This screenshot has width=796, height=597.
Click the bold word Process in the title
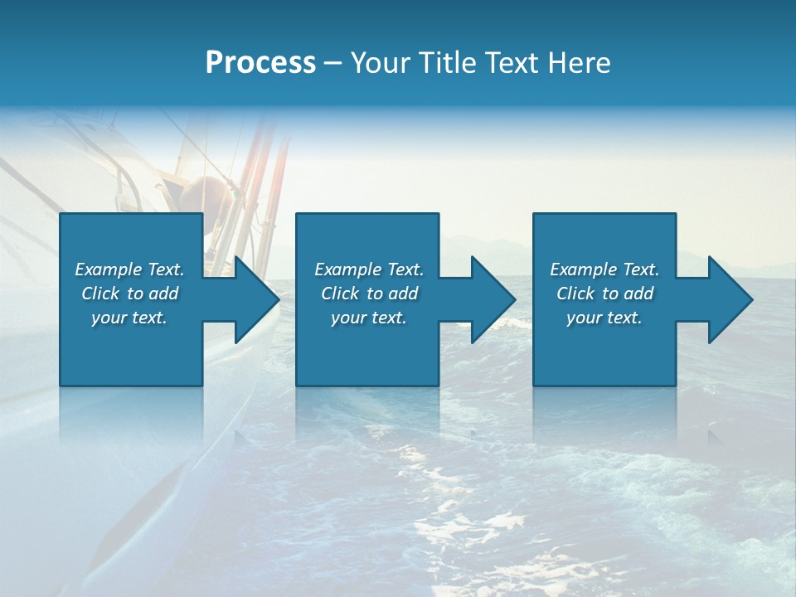(x=260, y=62)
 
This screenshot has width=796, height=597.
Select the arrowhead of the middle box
(x=492, y=299)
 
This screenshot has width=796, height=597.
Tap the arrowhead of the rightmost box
(x=729, y=299)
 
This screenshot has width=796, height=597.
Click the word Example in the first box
(x=109, y=269)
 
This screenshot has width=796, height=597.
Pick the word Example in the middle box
(x=348, y=269)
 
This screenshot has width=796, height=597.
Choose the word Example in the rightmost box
(x=584, y=269)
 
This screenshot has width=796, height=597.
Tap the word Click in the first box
(x=100, y=294)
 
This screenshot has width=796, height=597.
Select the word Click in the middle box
(x=340, y=294)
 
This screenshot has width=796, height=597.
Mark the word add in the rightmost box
(x=638, y=294)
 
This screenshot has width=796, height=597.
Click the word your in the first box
(x=108, y=318)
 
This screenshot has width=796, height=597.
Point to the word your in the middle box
(x=347, y=318)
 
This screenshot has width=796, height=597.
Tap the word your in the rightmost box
(x=583, y=318)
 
